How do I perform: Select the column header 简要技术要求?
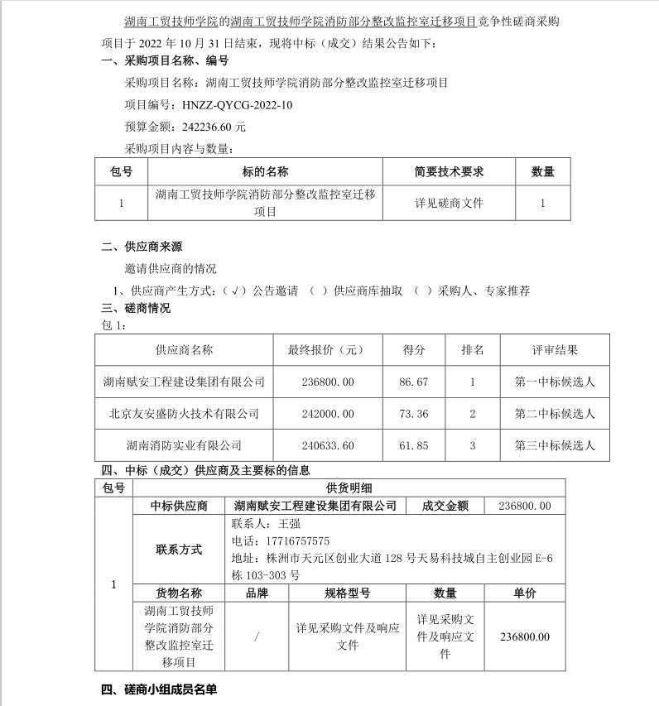tap(449, 172)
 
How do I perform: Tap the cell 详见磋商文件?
tap(449, 203)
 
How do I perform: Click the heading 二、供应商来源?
tap(141, 247)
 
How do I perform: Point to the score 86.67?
tap(414, 382)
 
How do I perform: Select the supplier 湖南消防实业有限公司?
tap(183, 445)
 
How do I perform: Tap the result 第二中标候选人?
tap(555, 414)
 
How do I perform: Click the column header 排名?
tap(472, 350)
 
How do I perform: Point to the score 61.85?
tap(414, 445)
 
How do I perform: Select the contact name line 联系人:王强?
tap(265, 523)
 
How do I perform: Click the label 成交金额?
tap(445, 506)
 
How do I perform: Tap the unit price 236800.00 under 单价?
tap(525, 636)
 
